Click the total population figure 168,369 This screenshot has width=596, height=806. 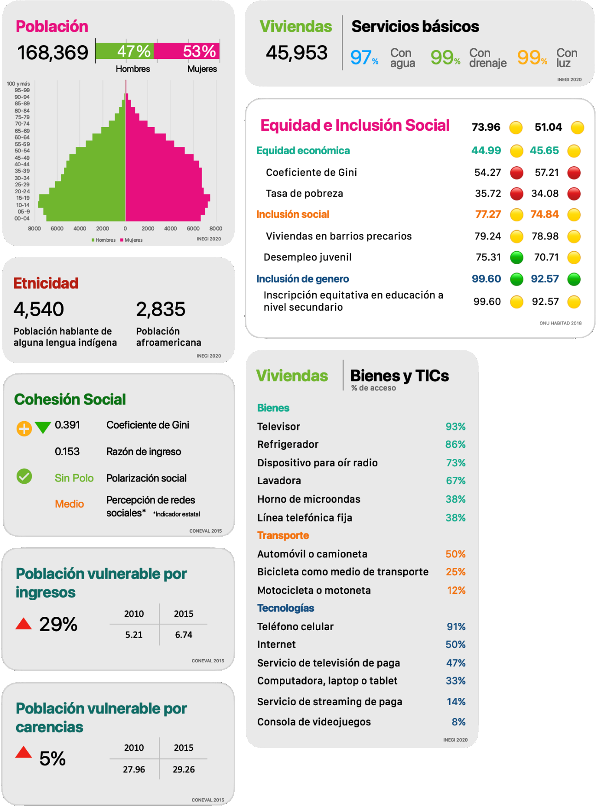click(x=52, y=52)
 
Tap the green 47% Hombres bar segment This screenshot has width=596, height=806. click(x=125, y=51)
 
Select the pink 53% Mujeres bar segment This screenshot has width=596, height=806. click(x=187, y=51)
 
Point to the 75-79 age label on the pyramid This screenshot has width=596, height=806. click(x=22, y=117)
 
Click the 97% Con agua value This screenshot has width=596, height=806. click(x=364, y=58)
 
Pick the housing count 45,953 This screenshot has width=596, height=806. click(x=296, y=52)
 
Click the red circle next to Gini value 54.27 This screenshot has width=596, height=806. click(x=516, y=173)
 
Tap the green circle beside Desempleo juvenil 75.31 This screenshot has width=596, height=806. click(x=516, y=257)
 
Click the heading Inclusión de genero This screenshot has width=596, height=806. click(x=302, y=279)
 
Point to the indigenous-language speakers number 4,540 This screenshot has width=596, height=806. click(x=39, y=309)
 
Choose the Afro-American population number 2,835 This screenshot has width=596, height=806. click(x=161, y=309)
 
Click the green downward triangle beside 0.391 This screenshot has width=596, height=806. click(x=43, y=428)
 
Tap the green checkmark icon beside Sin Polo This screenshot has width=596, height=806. click(x=24, y=476)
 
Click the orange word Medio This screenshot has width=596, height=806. click(x=69, y=504)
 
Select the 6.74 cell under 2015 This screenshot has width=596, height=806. click(x=184, y=635)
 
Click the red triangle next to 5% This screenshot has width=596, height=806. click(x=23, y=753)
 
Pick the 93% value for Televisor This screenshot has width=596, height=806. click(x=455, y=427)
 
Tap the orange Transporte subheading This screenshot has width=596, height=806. click(x=283, y=535)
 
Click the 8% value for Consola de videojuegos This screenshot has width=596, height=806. click(x=458, y=722)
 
